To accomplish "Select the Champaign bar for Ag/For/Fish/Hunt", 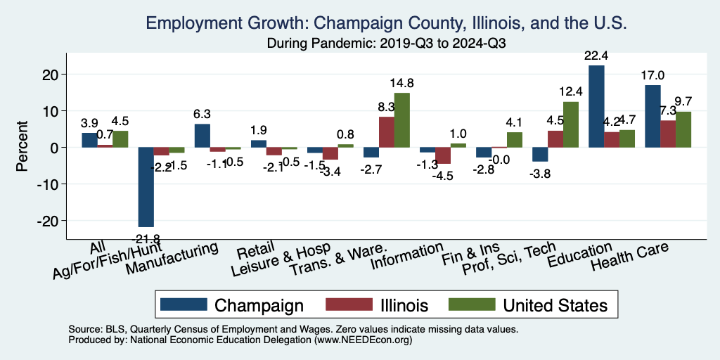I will pyautogui.click(x=146, y=187).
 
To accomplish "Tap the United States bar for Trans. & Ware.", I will pyautogui.click(x=401, y=120).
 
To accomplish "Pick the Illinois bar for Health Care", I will pyautogui.click(x=668, y=134).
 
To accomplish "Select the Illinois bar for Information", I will pyautogui.click(x=443, y=155).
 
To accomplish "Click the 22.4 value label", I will pyautogui.click(x=596, y=56).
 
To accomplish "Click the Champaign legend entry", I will pyautogui.click(x=232, y=304).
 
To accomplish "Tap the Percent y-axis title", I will pyautogui.click(x=23, y=148).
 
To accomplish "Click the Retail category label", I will pyautogui.click(x=251, y=251).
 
